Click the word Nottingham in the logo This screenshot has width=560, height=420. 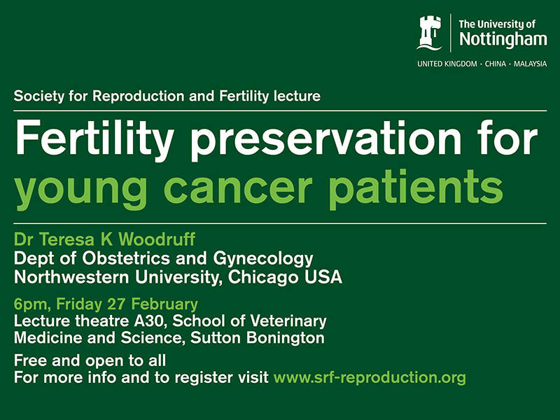coord(503,40)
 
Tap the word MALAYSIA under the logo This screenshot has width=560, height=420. coord(531,64)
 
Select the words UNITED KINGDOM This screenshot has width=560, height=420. coord(447,64)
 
